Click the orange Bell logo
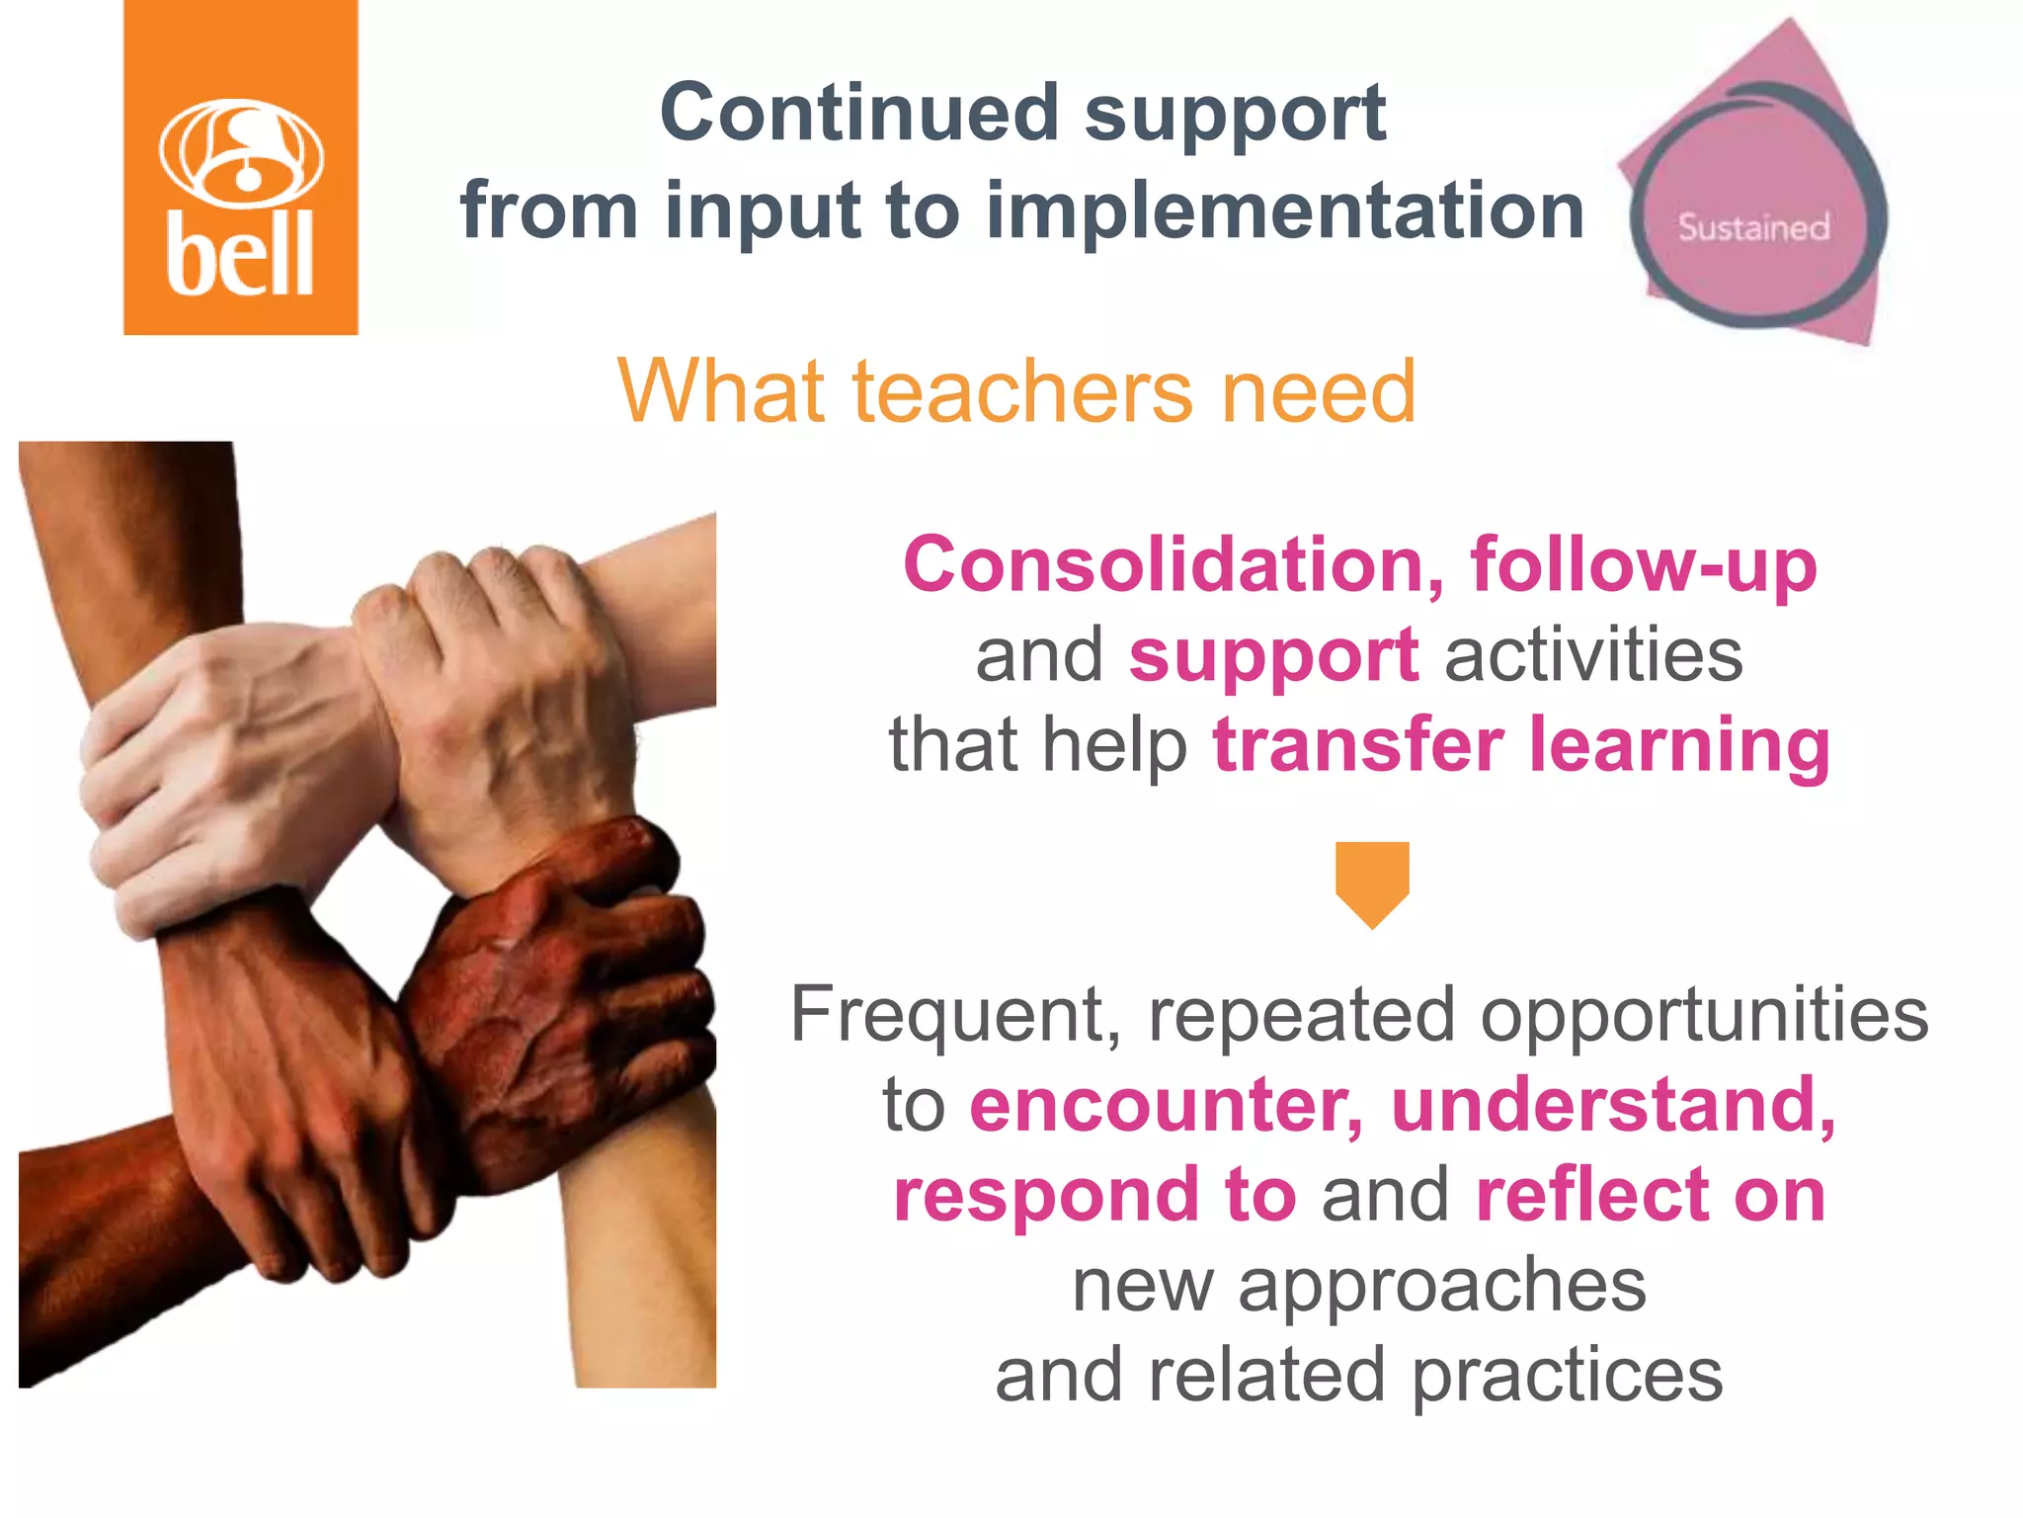click(240, 168)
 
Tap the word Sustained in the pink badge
click(1753, 227)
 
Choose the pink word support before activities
click(1273, 655)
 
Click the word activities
click(1594, 655)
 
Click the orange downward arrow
click(1372, 883)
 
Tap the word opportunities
click(1704, 1015)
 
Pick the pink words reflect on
click(1650, 1195)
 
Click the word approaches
click(1442, 1285)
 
